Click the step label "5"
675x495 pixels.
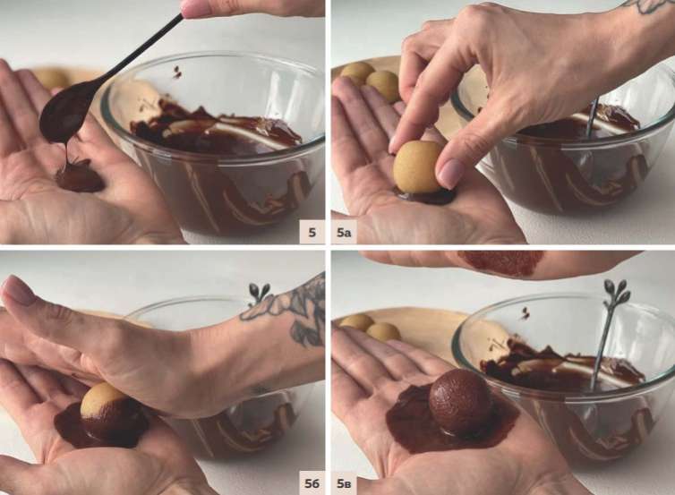[x=312, y=233]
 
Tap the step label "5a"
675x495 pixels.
[x=344, y=233]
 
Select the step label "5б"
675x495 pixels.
[x=312, y=483]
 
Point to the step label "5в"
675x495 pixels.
[x=344, y=483]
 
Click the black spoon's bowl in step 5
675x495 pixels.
[x=60, y=113]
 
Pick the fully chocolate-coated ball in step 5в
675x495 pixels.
[x=460, y=401]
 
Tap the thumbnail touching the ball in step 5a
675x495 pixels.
[x=449, y=172]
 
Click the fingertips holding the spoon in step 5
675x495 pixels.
[x=192, y=8]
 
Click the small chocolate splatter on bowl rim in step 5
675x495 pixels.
[x=177, y=72]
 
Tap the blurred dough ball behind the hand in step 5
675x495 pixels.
[x=52, y=79]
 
